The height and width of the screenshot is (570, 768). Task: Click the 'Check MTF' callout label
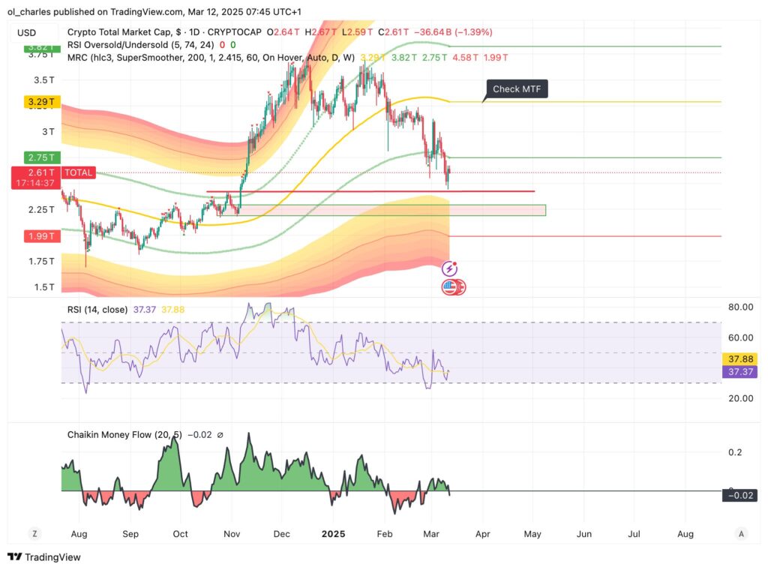(517, 90)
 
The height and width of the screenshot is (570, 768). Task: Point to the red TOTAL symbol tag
(79, 172)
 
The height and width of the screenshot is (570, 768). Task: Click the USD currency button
(27, 32)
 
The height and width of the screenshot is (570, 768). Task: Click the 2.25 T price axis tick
(41, 209)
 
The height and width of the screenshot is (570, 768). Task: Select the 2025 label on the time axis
(332, 534)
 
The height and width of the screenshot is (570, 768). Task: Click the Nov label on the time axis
(231, 534)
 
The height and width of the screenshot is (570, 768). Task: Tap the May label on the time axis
(532, 534)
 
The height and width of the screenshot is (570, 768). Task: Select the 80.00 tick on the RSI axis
(739, 307)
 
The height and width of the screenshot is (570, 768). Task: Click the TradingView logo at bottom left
(44, 557)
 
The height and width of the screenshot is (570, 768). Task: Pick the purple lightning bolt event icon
(450, 268)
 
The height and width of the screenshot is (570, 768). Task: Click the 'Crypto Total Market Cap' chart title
(118, 32)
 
